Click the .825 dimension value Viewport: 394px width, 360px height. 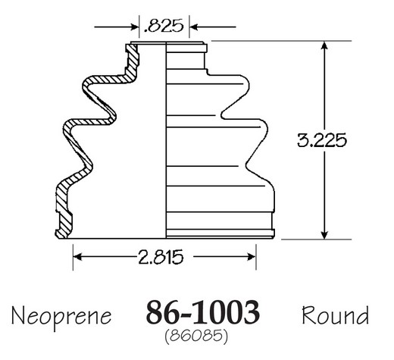click(164, 26)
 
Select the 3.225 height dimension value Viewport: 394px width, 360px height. click(322, 140)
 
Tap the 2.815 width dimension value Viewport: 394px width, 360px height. click(161, 257)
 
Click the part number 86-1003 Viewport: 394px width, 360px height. click(203, 312)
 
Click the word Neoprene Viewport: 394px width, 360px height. click(61, 316)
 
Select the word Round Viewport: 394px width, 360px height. click(335, 315)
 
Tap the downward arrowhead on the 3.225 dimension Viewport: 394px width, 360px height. click(324, 235)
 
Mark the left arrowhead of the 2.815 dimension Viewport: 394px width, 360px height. click(77, 257)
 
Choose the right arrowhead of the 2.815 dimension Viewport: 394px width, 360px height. click(252, 257)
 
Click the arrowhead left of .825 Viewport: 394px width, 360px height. click(135, 27)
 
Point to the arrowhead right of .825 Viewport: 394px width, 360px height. click(194, 27)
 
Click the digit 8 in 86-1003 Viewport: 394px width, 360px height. click(155, 312)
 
